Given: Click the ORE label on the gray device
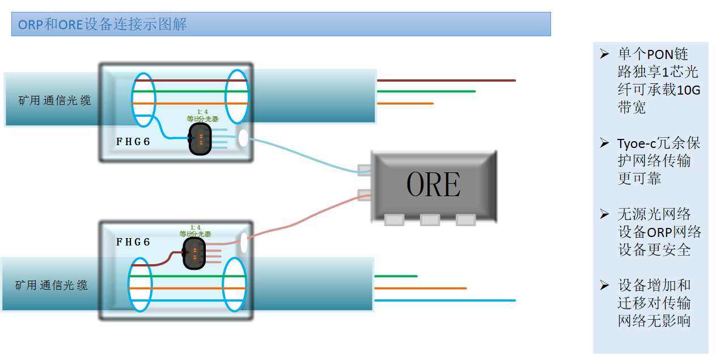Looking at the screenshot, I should pos(433,184).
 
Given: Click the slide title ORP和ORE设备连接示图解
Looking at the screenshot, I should pos(103,25).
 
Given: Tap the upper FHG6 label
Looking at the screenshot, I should pos(133,142).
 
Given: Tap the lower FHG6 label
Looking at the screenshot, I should pos(133,242).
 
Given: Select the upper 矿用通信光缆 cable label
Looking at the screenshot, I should pos(54,101).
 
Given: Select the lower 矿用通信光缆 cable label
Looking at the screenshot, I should pos(52,285).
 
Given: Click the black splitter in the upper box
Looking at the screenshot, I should pos(200,139).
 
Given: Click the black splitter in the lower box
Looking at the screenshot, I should pos(194,253).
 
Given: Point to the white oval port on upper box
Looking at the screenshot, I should pos(243,138).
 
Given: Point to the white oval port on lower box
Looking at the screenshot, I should pos(244,243).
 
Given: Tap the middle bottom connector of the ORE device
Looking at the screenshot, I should pos(430,220).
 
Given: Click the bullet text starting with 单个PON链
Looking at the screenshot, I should pos(658,81).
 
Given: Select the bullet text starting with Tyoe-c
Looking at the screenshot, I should pos(658,161).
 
